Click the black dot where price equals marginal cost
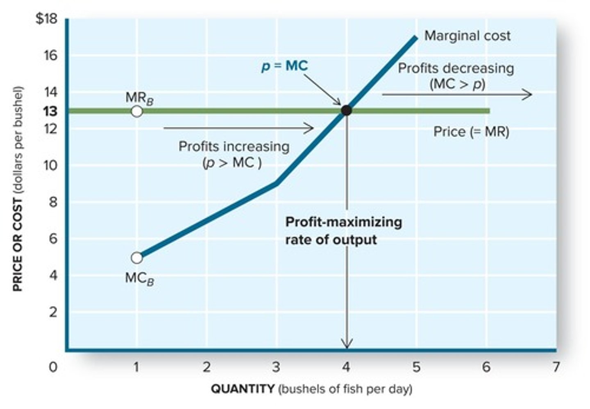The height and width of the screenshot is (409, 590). pos(347,110)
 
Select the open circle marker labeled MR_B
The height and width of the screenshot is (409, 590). pos(137,111)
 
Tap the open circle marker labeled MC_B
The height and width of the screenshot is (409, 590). pos(137,258)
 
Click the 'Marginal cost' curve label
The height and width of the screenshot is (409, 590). pos(467,36)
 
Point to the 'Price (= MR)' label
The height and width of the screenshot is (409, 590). pos(471,132)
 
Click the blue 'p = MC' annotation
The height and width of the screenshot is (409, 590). pos(284,66)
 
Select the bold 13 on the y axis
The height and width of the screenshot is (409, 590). pos(50,111)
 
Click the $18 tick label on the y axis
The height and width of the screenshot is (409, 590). pos(46,19)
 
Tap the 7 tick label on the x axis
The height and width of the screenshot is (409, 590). pos(556,367)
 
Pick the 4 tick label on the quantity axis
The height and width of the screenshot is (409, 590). pos(346,367)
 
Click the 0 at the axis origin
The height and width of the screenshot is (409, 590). pos(53,367)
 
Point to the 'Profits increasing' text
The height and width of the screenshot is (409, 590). pos(234,147)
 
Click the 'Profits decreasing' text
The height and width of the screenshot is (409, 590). pos(456,68)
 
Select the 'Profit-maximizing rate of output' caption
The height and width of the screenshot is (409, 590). pos(343,230)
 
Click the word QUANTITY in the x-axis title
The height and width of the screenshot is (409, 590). pos(243,389)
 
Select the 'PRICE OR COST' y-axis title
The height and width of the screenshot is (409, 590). pos(17,245)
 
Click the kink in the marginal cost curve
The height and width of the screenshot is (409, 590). pos(277,183)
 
